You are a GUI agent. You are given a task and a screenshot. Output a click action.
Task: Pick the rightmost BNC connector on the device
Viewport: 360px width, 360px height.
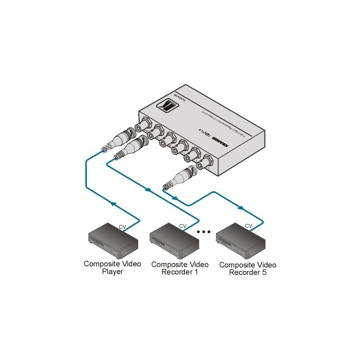(208, 161)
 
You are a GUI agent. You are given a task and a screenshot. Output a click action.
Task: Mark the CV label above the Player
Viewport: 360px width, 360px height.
(122, 227)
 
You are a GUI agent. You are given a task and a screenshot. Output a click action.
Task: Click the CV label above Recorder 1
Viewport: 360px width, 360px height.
(183, 226)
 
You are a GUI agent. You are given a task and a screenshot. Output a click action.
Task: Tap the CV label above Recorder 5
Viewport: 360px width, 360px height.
(248, 226)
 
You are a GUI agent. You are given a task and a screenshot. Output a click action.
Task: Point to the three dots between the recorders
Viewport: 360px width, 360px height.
(204, 232)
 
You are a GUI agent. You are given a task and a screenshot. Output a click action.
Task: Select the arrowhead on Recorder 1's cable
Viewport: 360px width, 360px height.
(148, 189)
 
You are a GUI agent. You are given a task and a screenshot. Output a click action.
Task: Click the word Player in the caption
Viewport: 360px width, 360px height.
(112, 272)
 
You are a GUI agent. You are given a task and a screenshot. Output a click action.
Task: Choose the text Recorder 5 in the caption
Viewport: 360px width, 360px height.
(247, 272)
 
